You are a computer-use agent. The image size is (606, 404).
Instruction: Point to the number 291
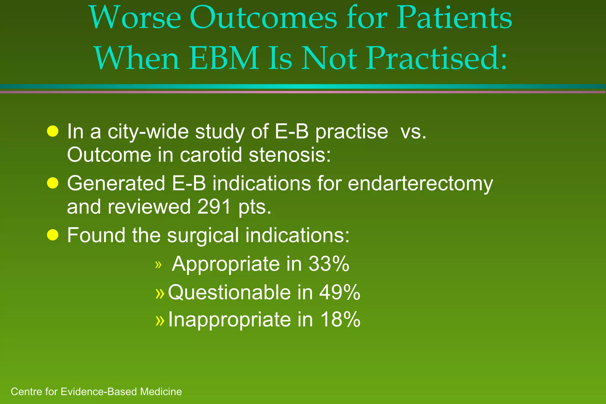(214, 207)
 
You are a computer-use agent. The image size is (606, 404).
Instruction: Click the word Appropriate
(225, 264)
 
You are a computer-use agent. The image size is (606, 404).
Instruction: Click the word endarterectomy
(420, 184)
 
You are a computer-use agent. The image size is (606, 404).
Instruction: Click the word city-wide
(148, 132)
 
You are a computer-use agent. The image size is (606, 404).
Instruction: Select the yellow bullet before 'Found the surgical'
(53, 235)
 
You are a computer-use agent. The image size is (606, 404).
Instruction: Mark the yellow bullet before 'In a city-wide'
(53, 131)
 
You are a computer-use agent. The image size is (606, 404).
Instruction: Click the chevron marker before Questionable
(159, 293)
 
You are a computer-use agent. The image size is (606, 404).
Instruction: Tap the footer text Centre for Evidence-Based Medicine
(96, 392)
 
